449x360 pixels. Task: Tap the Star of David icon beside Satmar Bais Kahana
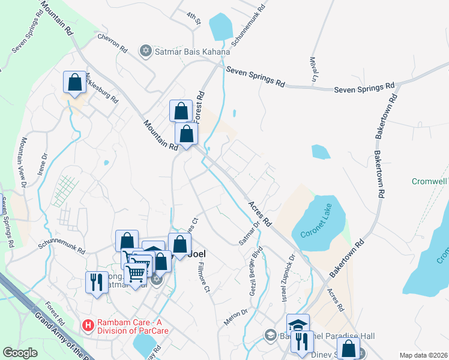pos(145,50)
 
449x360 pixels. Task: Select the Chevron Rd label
pos(113,43)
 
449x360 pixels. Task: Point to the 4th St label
pos(192,15)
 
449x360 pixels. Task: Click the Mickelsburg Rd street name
pos(101,88)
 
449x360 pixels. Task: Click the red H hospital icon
pos(88,325)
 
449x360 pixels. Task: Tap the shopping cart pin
pos(137,273)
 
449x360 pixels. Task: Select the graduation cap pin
pos(297,325)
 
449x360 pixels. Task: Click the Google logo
pos(20,353)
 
